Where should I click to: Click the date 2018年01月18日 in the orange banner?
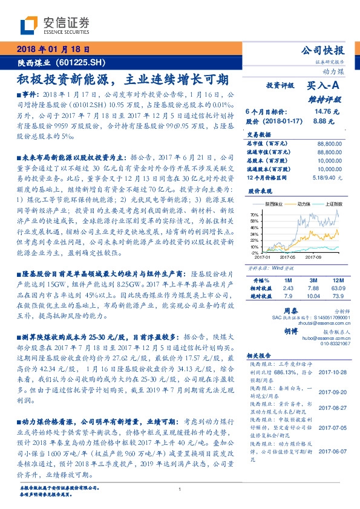coord(53,49)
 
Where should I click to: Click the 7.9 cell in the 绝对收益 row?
coord(287,296)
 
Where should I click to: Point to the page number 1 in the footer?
coord(180,489)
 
